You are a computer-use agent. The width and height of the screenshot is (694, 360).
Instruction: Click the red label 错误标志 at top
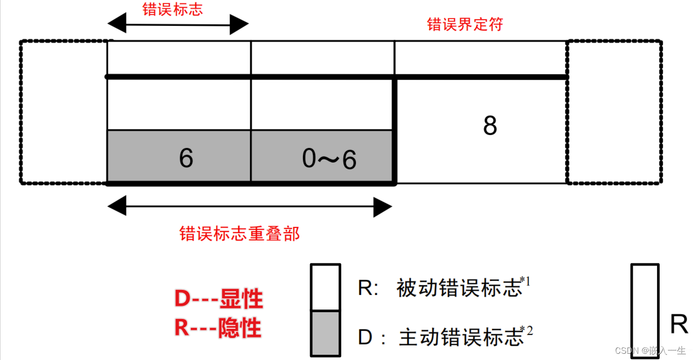click(x=172, y=9)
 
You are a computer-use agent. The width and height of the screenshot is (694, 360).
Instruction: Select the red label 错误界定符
click(x=465, y=24)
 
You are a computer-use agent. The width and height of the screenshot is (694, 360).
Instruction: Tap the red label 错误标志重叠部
click(x=239, y=233)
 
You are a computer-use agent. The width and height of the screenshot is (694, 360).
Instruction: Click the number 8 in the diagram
click(x=490, y=126)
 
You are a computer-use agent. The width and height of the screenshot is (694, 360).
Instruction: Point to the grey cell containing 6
click(x=179, y=157)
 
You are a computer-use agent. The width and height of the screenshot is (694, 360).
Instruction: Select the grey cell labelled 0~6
click(x=322, y=157)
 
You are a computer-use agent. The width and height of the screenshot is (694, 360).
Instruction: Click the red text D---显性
click(x=219, y=300)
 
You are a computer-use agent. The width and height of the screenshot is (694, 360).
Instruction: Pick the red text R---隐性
click(x=218, y=328)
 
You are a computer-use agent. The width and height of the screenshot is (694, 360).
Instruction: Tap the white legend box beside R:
click(x=326, y=287)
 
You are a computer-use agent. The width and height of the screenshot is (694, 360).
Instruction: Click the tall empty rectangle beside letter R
click(x=645, y=311)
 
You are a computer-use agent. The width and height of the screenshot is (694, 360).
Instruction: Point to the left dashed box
click(x=63, y=112)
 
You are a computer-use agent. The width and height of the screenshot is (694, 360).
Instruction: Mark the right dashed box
click(x=614, y=112)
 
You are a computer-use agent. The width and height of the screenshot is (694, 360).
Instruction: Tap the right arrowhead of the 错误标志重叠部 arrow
click(x=383, y=208)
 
